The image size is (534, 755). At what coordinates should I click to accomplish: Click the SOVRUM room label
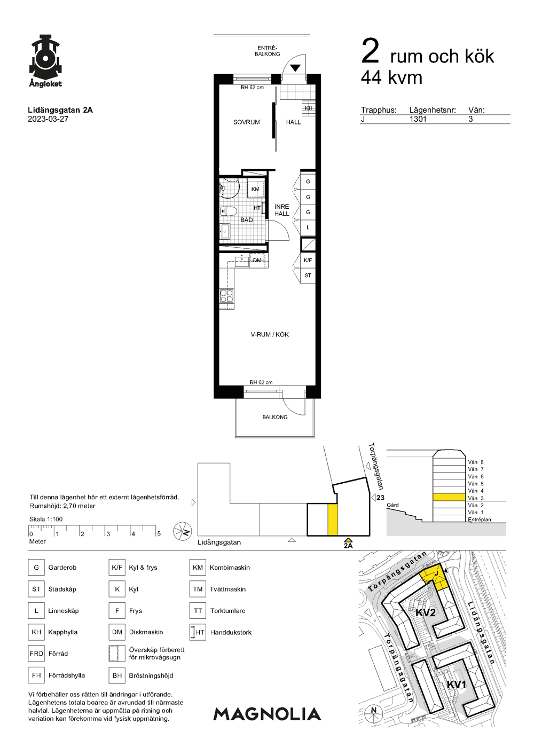246,122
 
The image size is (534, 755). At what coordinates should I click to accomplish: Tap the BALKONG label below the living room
275,417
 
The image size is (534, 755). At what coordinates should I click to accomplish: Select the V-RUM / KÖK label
270,334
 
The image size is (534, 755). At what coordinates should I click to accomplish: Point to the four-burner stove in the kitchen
226,296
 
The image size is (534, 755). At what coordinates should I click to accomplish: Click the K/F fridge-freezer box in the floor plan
308,260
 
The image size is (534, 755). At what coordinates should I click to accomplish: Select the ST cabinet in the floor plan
308,276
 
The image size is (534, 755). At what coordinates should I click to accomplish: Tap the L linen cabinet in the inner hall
308,227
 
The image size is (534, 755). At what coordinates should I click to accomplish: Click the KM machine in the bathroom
255,189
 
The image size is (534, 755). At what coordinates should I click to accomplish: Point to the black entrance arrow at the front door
295,68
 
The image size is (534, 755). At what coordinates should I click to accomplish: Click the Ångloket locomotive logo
45,61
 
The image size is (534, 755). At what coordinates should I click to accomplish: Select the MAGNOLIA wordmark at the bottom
267,714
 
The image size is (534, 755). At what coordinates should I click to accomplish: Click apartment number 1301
418,119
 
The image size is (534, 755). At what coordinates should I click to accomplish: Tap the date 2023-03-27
48,119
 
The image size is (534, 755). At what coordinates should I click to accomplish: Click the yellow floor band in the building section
449,497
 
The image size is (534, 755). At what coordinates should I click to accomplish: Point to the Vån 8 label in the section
476,462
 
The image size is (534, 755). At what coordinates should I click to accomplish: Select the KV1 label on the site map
456,685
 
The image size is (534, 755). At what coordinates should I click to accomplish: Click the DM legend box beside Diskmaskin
117,632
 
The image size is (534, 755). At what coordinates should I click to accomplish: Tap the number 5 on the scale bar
159,533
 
